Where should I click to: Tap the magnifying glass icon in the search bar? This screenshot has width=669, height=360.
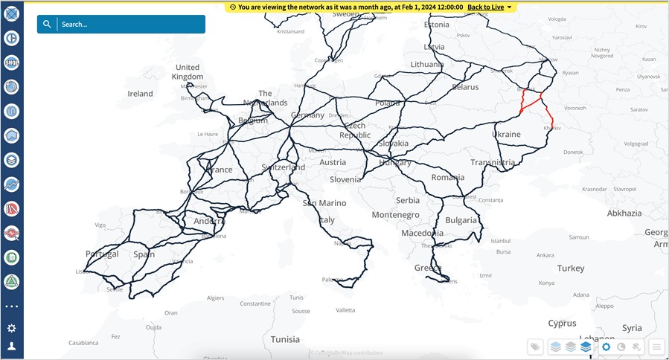[x=47, y=24]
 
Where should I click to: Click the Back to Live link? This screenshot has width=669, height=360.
[x=485, y=7]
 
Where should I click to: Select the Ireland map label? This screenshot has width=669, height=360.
[x=140, y=94]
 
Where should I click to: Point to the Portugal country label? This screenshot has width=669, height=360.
[x=102, y=254]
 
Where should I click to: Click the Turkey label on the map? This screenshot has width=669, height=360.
[x=571, y=268]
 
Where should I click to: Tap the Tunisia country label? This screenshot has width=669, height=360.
[x=285, y=339]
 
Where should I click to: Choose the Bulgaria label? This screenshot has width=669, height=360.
[x=461, y=220]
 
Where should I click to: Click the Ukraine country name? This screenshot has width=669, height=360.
[x=506, y=134]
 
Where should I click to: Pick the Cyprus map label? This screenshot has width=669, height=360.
[x=562, y=324]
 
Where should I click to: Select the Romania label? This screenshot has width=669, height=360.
[x=447, y=178]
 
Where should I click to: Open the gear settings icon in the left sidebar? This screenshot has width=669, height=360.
[x=11, y=328]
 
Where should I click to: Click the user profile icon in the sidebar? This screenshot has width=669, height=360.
[x=11, y=347]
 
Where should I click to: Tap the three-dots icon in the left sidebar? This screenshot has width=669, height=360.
[x=11, y=306]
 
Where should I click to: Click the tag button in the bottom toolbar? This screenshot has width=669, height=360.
[x=534, y=347]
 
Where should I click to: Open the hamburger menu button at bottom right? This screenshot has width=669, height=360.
[x=656, y=347]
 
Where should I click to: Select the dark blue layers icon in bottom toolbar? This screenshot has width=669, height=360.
[x=586, y=347]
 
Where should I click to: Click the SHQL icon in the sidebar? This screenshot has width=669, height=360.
[x=11, y=62]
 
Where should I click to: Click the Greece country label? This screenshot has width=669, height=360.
[x=427, y=268]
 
